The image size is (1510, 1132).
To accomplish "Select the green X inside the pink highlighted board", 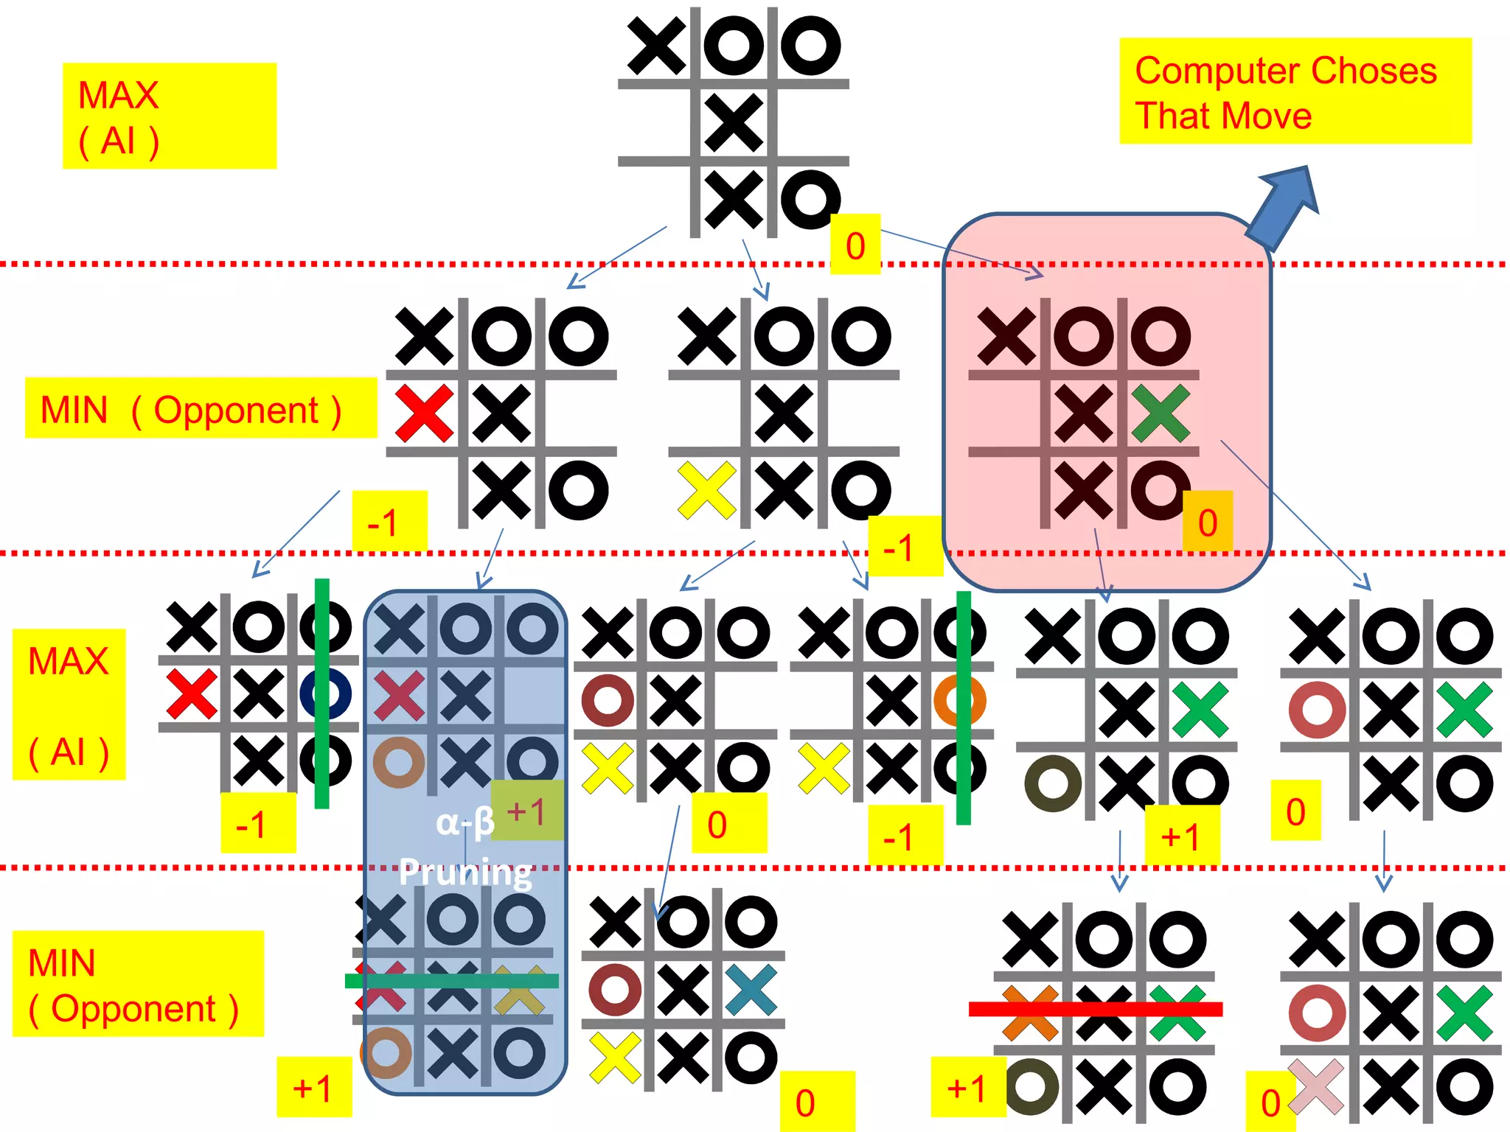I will (1161, 413).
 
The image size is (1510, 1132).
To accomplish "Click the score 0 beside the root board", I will (855, 245).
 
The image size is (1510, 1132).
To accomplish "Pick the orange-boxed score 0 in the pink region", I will (1207, 523).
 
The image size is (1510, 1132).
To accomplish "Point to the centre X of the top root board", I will (733, 122).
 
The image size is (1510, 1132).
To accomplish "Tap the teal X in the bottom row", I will (751, 990).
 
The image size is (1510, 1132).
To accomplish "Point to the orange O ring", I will (958, 700).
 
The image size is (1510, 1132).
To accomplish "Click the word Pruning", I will (465, 873).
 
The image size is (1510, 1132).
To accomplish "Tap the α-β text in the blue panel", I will (465, 822).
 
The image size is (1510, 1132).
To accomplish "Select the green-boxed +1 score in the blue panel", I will (526, 811).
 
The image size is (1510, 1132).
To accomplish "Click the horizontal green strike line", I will (451, 980).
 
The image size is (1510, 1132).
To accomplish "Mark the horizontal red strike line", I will (1096, 1009).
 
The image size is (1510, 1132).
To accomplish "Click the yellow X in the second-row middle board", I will (706, 490).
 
